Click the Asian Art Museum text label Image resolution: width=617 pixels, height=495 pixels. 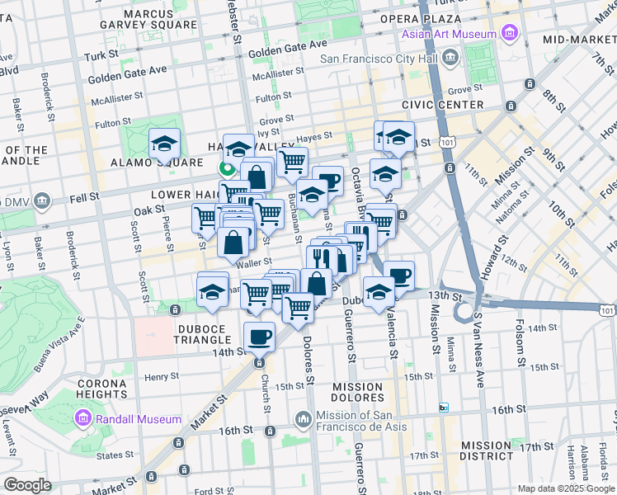[449, 34]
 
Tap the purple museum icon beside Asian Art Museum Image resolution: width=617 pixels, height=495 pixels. [509, 34]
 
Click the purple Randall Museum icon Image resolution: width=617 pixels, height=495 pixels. [83, 419]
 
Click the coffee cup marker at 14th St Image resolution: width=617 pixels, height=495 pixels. [260, 336]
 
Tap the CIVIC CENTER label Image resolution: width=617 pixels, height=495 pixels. [442, 105]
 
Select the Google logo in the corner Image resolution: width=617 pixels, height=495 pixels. [27, 485]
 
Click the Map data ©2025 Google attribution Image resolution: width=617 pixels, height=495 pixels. [565, 488]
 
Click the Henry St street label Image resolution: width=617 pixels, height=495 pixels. [156, 377]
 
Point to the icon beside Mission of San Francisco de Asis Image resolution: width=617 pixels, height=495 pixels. [303, 420]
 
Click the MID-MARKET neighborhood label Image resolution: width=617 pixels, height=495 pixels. [577, 39]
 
